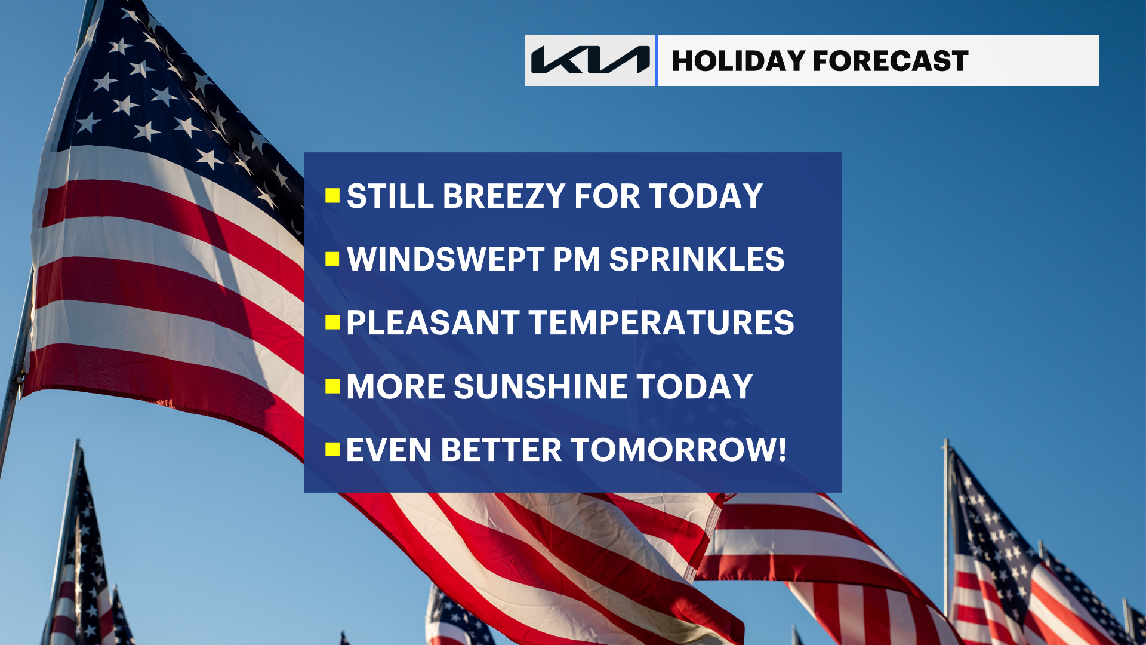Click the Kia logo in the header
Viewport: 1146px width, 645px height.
pos(590,60)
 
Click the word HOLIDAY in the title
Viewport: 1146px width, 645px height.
pos(738,61)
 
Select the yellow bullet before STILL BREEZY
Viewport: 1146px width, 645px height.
pos(332,196)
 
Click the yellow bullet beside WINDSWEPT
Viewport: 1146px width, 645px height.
pos(332,259)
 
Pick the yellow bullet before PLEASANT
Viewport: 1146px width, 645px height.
pos(332,322)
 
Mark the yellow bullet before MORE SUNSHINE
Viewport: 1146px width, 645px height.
pos(332,386)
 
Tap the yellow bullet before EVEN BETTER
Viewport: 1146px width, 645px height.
pos(332,450)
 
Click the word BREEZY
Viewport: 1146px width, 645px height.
pos(504,196)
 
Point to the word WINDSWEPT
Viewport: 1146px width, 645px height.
pos(445,259)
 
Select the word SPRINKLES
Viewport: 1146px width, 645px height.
pos(697,259)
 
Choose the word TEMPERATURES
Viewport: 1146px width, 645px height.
pos(661,322)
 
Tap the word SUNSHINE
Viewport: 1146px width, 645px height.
pos(541,386)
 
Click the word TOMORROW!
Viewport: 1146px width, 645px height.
pos(679,450)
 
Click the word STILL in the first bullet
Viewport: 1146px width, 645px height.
pos(390,196)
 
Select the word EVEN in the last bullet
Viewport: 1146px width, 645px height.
pos(389,450)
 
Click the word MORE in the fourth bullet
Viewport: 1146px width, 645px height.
pos(396,386)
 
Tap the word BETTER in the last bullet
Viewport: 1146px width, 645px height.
pos(501,450)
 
